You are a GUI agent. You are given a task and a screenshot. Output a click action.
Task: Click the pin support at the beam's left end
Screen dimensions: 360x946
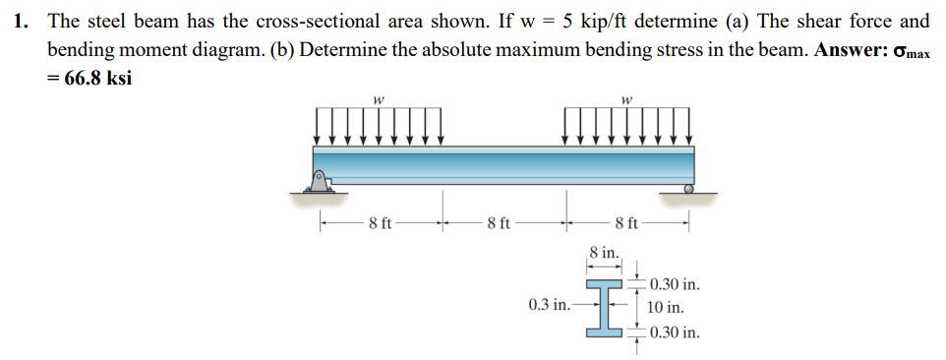321,180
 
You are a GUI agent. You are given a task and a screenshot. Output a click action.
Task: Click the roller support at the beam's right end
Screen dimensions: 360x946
688,186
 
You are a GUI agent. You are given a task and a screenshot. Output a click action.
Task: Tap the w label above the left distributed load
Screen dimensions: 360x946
379,97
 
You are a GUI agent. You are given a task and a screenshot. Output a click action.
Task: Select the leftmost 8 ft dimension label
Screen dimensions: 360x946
381,222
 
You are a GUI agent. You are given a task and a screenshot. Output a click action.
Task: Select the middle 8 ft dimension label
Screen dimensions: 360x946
499,222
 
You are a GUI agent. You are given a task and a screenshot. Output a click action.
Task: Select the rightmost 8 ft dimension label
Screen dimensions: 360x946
626,222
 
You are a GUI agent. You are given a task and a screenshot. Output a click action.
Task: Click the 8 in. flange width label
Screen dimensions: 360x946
604,253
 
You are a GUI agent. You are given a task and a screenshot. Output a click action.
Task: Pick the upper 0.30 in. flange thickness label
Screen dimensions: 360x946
675,285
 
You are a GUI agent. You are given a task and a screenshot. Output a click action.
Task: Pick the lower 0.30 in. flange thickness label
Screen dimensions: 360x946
675,331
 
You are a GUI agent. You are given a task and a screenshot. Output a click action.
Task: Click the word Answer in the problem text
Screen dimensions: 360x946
849,49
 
